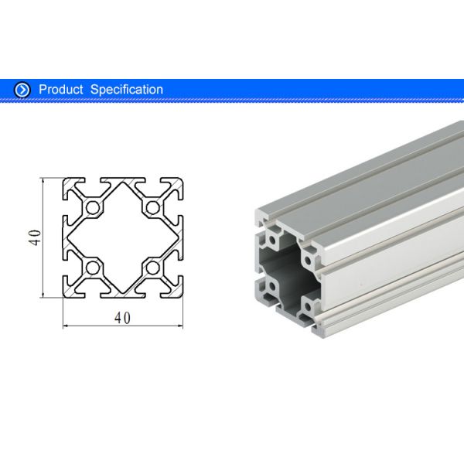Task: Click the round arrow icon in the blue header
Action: pyautogui.click(x=22, y=90)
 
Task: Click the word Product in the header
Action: pyautogui.click(x=61, y=90)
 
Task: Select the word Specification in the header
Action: pyautogui.click(x=127, y=90)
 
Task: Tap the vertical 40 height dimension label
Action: pyautogui.click(x=34, y=237)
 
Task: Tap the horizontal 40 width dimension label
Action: pyautogui.click(x=123, y=317)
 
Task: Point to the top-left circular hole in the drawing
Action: pyautogui.click(x=93, y=207)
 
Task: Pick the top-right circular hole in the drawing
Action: pyautogui.click(x=153, y=207)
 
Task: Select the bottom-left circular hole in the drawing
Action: pyautogui.click(x=93, y=268)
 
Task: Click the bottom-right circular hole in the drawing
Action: pyautogui.click(x=153, y=268)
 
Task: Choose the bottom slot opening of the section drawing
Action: pyautogui.click(x=123, y=295)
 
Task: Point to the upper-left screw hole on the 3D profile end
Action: pyautogui.click(x=272, y=229)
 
